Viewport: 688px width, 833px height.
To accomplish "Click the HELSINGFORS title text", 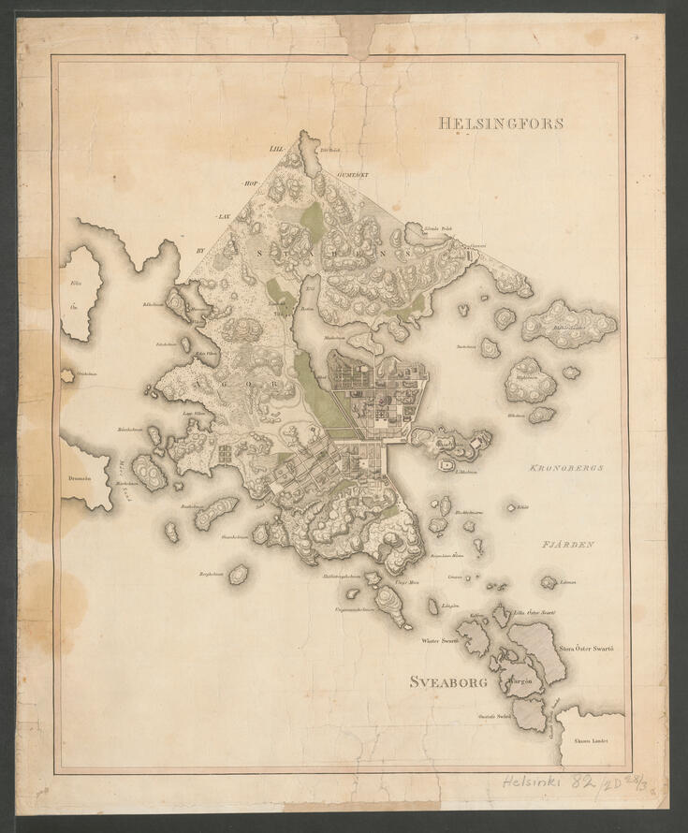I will click(501, 123).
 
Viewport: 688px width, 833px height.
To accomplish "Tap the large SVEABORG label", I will click(449, 682).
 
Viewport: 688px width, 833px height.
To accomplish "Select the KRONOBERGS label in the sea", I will click(562, 467).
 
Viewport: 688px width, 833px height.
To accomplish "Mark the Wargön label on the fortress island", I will click(522, 682).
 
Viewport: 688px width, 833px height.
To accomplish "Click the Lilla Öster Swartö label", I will click(535, 612).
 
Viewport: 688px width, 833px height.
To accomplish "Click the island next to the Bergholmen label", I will click(239, 573).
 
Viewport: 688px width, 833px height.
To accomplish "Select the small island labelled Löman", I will click(549, 582).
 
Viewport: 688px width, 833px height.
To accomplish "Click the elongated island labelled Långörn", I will click(433, 606).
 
